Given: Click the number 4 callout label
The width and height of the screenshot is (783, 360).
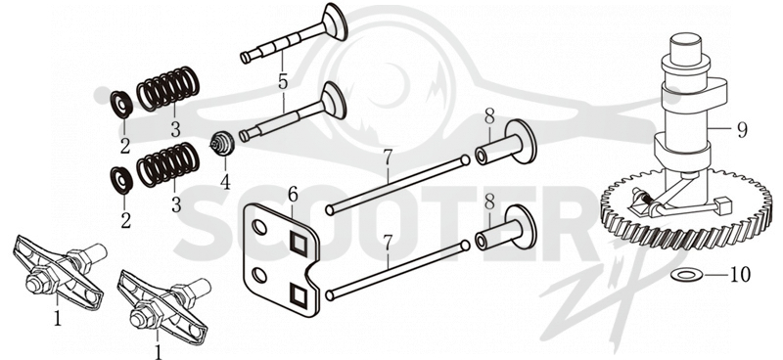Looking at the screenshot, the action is coord(226,181).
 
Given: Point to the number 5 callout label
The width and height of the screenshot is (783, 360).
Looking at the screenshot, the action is coord(283,82).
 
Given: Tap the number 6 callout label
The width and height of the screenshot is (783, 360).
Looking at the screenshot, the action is coord(293,195).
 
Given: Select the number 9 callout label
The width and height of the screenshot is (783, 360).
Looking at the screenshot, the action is coord(742,130).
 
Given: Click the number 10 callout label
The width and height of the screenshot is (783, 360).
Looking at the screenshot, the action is coord(740,274).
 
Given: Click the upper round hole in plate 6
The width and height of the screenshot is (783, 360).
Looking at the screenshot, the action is coord(259,228).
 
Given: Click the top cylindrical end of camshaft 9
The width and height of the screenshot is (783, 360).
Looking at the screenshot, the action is coord(686,46).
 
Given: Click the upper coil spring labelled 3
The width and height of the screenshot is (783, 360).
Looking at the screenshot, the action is coord(168,89).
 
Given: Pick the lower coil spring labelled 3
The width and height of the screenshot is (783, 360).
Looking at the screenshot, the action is coord(168,164).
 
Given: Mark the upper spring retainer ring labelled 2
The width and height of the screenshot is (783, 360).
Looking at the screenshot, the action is coord(121,105).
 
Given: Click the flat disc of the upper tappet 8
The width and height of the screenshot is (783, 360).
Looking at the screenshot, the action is coord(521,141).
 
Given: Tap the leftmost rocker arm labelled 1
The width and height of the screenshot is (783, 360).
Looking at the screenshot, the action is coord(58,270).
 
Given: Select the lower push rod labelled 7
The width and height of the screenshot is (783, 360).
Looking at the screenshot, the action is coord(397,271).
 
